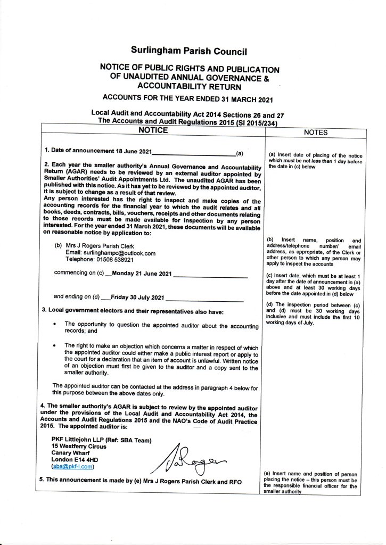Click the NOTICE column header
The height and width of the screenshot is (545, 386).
153,130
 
